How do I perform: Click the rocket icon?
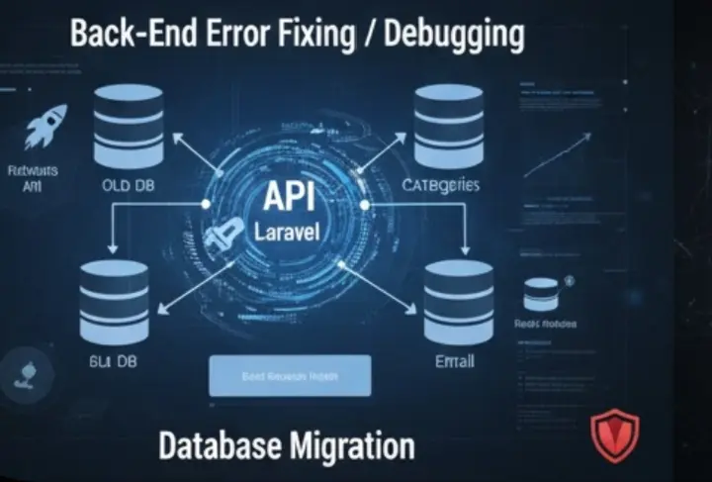(45, 127)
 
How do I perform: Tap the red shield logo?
(614, 435)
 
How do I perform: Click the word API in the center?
(289, 197)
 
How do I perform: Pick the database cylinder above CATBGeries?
(447, 126)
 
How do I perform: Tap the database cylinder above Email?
(458, 303)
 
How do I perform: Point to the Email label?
(455, 362)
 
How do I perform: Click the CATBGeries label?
(440, 186)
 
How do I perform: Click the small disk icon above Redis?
(541, 293)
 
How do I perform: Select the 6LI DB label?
(112, 362)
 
